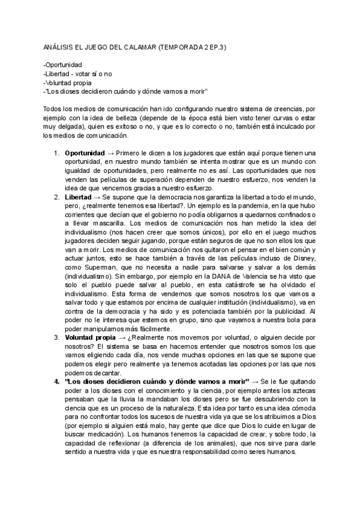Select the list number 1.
(56, 152)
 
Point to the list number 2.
(56, 197)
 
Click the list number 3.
(56, 337)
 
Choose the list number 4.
(56, 382)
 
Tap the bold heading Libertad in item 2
(78, 197)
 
